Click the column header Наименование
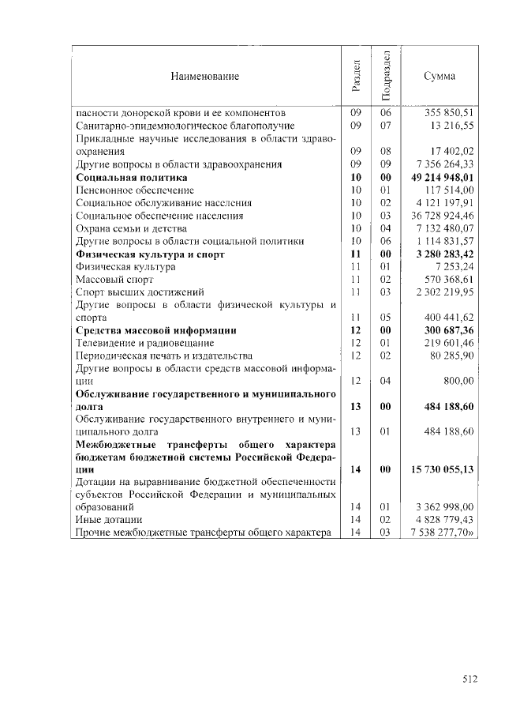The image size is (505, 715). [x=204, y=76]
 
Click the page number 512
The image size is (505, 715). [x=470, y=677]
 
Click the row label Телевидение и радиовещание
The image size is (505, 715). [x=144, y=343]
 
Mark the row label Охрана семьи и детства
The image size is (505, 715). [x=132, y=228]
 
